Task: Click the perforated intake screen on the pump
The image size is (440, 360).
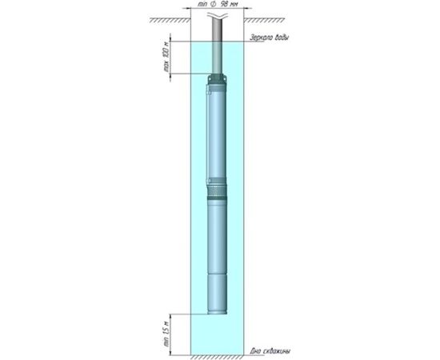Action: [x=218, y=186]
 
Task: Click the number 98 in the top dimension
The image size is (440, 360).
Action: [x=223, y=6]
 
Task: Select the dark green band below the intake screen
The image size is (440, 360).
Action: [x=218, y=198]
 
